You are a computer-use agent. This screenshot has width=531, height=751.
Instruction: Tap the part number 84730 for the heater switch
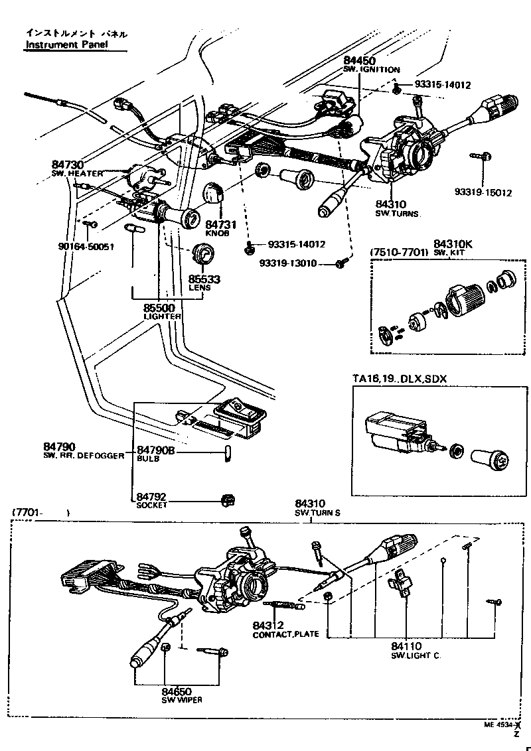[68, 165]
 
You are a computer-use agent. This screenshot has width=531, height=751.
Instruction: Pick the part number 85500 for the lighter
[161, 308]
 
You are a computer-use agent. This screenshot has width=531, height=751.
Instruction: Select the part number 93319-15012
[483, 192]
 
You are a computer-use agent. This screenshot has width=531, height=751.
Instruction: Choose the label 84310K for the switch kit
[453, 243]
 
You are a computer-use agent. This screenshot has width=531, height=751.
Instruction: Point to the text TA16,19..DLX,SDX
[400, 378]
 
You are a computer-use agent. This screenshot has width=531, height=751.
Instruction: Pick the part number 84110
[407, 646]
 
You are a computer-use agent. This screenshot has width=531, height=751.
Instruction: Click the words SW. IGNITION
[371, 70]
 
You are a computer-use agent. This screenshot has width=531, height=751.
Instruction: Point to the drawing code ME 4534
[499, 725]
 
